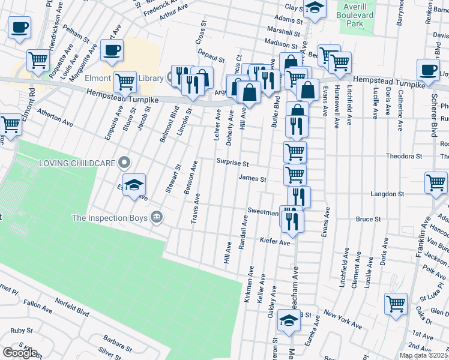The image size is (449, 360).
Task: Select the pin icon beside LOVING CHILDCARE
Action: tap(124, 162)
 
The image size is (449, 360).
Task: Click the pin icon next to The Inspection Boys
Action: tap(156, 217)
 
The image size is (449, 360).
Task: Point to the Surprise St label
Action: tap(232, 163)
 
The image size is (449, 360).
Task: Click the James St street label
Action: tap(252, 178)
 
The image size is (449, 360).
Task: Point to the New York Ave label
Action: tap(343, 319)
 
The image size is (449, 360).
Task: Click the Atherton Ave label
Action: tap(55, 118)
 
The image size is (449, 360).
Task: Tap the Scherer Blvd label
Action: tap(433, 117)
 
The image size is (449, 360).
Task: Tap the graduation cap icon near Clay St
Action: tap(313, 8)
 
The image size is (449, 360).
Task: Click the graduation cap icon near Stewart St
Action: tap(134, 184)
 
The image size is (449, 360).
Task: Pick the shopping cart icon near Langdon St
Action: tap(435, 182)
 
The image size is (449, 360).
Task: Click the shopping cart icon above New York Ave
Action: tap(396, 304)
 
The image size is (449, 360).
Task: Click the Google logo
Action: tap(20, 353)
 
